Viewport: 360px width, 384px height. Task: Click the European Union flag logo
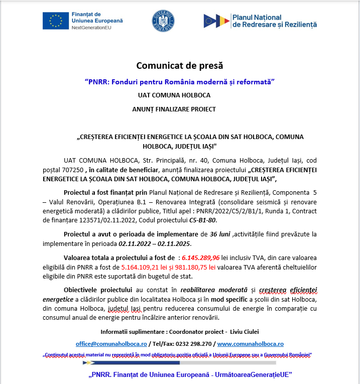pyautogui.click(x=56, y=21)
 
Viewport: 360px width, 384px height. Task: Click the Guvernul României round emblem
pyautogui.click(x=163, y=21)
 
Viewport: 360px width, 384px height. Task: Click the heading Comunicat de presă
pyautogui.click(x=180, y=66)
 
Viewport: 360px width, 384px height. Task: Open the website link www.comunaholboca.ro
pyautogui.click(x=250, y=344)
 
